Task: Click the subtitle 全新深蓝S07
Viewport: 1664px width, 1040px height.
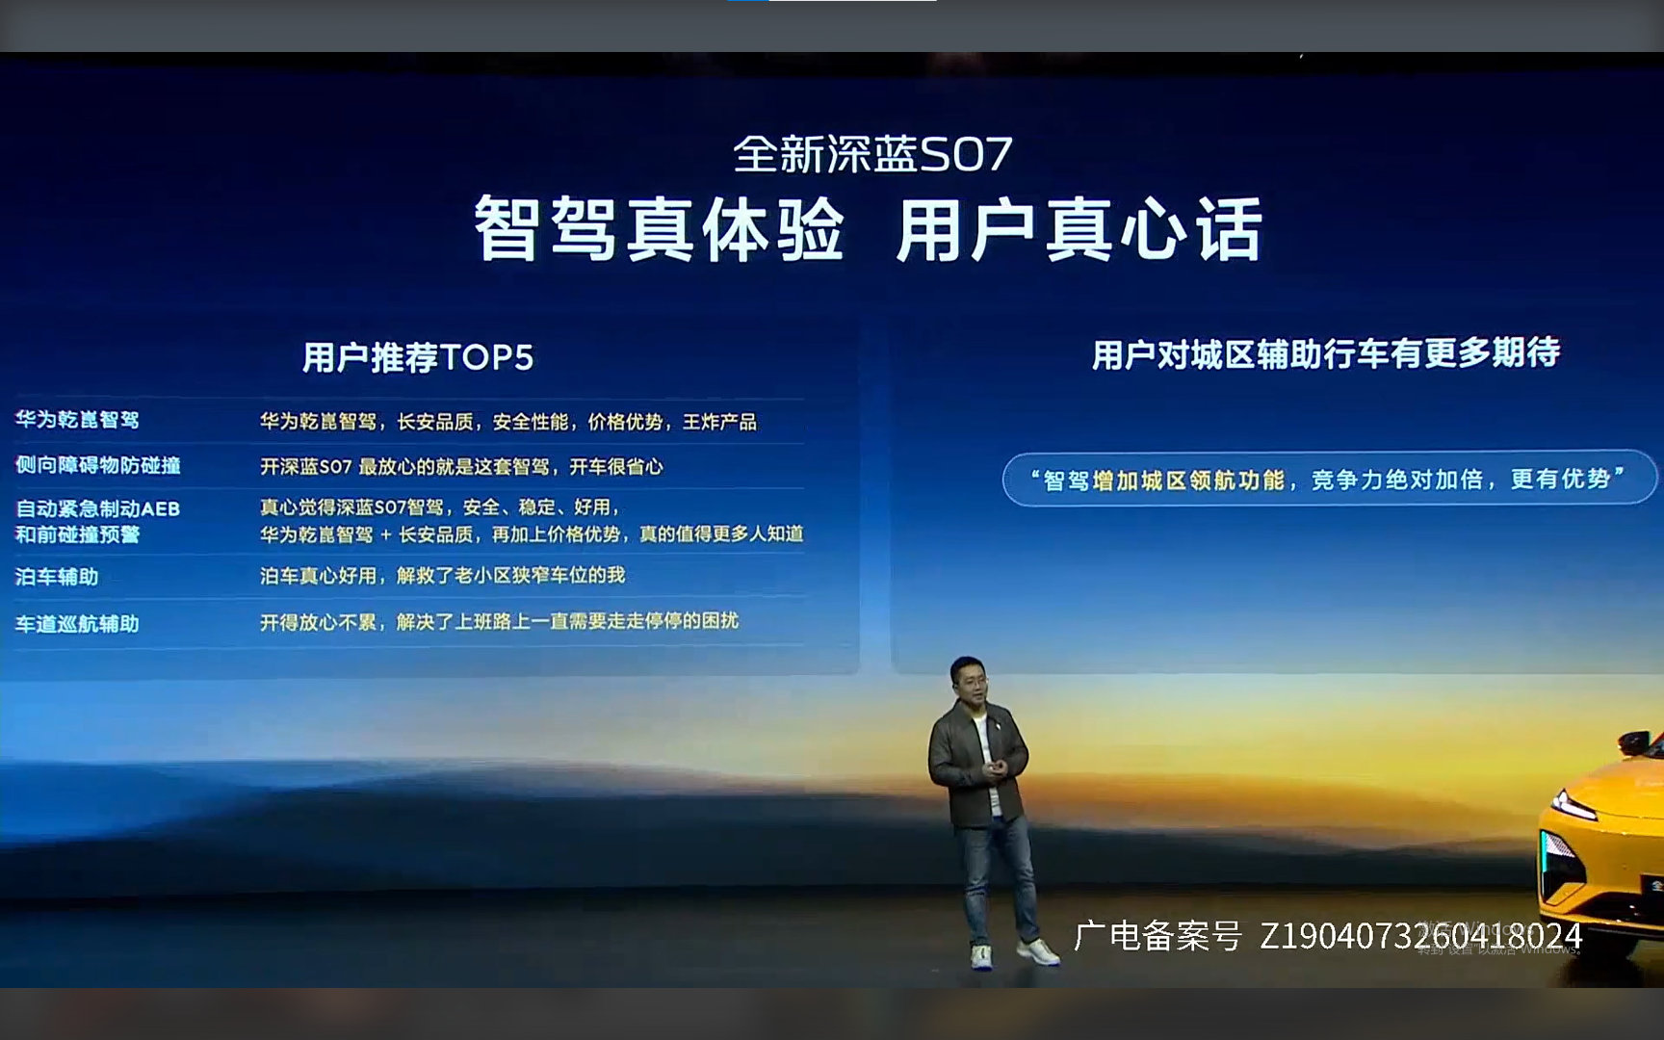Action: tap(872, 154)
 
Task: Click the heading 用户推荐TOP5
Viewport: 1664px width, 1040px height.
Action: tap(417, 357)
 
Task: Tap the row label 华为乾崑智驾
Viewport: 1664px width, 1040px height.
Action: tap(77, 420)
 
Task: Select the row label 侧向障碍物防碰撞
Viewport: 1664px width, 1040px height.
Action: tap(97, 465)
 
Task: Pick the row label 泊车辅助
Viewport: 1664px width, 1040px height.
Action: tap(57, 577)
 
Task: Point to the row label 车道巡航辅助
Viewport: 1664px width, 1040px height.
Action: tap(77, 624)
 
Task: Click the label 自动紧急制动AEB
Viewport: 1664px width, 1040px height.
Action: tap(97, 508)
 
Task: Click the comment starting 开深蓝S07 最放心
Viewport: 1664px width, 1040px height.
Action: tap(461, 467)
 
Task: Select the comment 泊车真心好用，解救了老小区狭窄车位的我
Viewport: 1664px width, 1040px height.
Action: tap(442, 576)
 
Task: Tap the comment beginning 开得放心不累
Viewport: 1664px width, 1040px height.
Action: tap(499, 622)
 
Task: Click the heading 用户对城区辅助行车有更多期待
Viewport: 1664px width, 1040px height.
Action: tap(1325, 353)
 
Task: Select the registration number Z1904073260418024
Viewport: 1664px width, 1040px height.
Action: tap(1420, 936)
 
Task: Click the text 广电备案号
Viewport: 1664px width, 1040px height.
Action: tap(1157, 936)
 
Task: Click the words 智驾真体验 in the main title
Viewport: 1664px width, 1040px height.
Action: tap(660, 229)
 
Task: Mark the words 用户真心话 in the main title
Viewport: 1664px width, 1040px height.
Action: tap(1079, 229)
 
